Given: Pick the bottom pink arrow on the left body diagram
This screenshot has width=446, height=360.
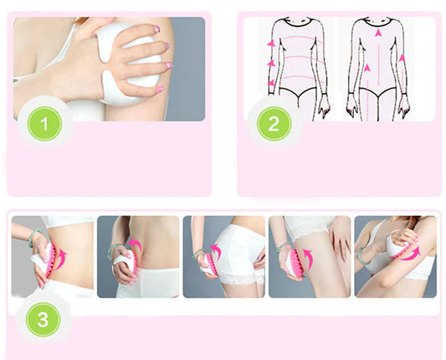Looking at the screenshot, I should (x=270, y=84).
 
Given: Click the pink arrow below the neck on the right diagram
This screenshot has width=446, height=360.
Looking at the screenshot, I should (x=378, y=33).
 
